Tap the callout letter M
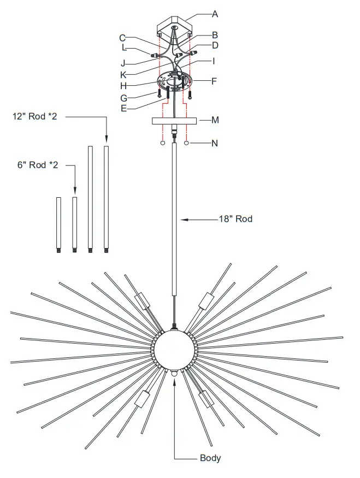coord(215,120)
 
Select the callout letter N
coord(215,144)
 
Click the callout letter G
coord(124,98)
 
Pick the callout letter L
coord(124,48)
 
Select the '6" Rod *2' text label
coord(37,165)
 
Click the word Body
coord(210,458)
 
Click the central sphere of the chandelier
coord(173,349)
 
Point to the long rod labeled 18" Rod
coord(174,219)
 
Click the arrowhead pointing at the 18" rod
coord(184,219)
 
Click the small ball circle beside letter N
coord(187,144)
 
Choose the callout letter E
coord(124,109)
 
